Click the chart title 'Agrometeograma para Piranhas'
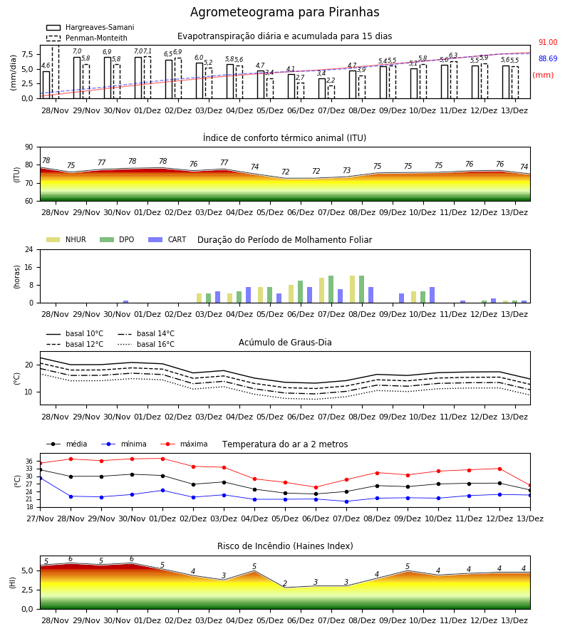284,12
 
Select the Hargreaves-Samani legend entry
90,27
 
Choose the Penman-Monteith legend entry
87,38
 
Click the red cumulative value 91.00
548,43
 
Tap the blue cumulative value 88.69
548,59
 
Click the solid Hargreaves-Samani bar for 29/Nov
77,78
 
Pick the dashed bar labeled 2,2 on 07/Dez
331,92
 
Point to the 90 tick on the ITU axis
29,147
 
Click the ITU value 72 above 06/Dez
286,172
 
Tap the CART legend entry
167,239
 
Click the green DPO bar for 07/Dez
331,289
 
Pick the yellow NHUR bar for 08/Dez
353,289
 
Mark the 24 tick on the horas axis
29,249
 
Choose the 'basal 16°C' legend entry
146,344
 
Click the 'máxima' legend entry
184,444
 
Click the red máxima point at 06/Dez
316,487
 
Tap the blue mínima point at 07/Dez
347,501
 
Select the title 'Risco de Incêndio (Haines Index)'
285,546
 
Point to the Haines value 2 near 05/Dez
285,583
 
